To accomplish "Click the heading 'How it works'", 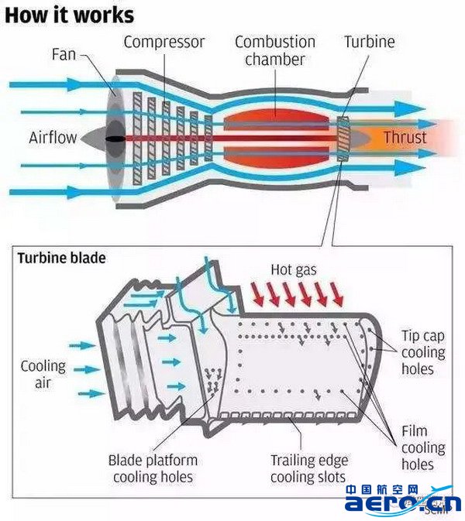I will (x=70, y=14).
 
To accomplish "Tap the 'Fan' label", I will (x=64, y=55).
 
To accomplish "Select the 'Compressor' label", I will (x=164, y=41).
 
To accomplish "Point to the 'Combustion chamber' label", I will (x=275, y=50).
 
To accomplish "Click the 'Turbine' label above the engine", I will (x=370, y=41).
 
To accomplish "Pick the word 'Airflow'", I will (x=53, y=138).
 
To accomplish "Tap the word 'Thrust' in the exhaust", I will (x=405, y=138).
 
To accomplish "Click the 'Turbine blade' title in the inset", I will (x=62, y=258).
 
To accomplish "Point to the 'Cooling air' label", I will (x=43, y=374).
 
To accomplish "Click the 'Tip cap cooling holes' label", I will (x=423, y=352).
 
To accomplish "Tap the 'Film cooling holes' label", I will (x=423, y=448).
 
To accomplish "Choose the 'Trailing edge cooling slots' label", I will (x=308, y=468).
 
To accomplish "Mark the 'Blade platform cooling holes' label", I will (x=153, y=468).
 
